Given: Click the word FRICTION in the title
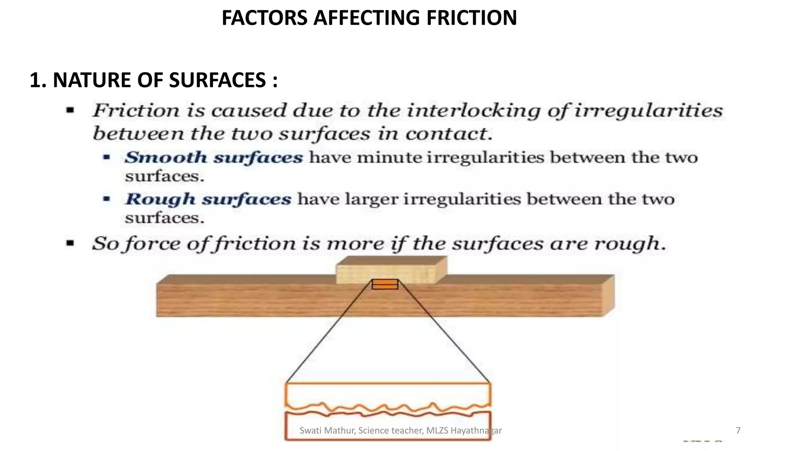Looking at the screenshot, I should point(471,18).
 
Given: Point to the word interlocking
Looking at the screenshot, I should point(474,111).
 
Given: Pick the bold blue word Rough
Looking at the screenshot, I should point(160,199).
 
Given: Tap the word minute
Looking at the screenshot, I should point(389,158).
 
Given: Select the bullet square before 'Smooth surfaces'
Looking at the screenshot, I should point(107,158).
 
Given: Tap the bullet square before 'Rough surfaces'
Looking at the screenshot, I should point(107,199).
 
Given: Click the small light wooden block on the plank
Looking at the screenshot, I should point(390,271).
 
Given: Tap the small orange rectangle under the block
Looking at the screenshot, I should point(385,284).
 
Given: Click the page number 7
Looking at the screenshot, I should point(738,431).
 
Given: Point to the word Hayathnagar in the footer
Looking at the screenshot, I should point(476,431).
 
